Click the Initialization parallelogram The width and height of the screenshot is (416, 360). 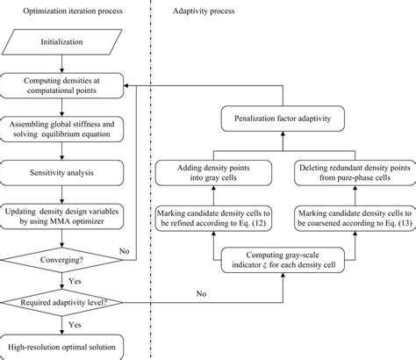click(x=61, y=42)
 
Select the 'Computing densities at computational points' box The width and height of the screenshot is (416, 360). click(x=61, y=85)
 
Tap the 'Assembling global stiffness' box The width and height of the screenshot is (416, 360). click(x=61, y=129)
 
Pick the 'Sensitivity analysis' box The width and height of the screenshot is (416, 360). click(x=61, y=173)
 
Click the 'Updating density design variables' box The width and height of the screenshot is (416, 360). click(x=61, y=216)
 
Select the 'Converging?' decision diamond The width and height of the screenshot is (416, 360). click(x=61, y=260)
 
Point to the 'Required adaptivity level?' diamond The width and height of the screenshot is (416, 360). click(x=61, y=303)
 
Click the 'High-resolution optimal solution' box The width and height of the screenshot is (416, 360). click(x=61, y=348)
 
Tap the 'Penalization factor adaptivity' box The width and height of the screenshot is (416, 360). click(x=283, y=119)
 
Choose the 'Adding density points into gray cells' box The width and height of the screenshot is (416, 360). click(x=213, y=173)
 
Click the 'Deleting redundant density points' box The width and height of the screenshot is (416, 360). click(x=355, y=173)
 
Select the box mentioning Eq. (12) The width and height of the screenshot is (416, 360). click(x=213, y=219)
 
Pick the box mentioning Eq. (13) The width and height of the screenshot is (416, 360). click(x=355, y=219)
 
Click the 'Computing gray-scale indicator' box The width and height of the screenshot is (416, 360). click(x=283, y=260)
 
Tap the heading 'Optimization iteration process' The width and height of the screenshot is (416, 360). click(x=73, y=11)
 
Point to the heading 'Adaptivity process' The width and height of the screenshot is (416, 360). click(x=204, y=11)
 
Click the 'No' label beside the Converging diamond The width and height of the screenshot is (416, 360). click(x=125, y=251)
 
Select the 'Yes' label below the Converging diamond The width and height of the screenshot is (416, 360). click(x=75, y=281)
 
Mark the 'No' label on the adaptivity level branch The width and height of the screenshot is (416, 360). click(x=201, y=293)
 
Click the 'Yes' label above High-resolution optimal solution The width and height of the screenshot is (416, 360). click(x=75, y=325)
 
